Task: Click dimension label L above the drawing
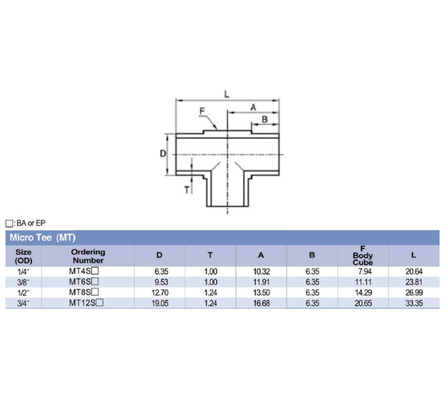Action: click(x=227, y=93)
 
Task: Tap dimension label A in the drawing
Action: click(x=253, y=107)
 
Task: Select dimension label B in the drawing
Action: click(x=264, y=120)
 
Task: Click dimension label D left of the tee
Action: click(x=162, y=154)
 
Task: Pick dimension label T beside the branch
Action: click(x=186, y=190)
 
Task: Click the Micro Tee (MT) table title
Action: click(x=42, y=237)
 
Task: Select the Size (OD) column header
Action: click(x=23, y=256)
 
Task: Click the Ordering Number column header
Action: click(x=87, y=256)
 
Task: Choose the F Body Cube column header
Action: click(x=363, y=256)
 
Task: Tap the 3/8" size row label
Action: click(x=23, y=281)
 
